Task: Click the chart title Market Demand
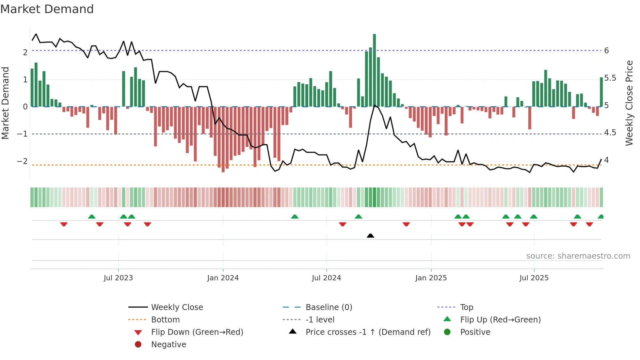47,9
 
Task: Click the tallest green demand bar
374,70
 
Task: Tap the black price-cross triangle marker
370,236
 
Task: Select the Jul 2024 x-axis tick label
326,278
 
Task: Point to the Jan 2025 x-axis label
431,278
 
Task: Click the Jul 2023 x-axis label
118,278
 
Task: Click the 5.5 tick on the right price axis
610,78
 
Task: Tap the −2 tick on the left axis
22,161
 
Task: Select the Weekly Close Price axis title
629,103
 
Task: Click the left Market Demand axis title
5,103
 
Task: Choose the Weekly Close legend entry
177,307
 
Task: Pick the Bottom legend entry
165,320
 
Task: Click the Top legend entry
466,307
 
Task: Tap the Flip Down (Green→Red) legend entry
197,332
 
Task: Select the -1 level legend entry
320,320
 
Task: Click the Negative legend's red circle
138,345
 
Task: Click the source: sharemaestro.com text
578,256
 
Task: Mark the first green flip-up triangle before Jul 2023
92,217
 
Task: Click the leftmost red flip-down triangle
64,224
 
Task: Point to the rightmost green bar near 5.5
601,92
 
